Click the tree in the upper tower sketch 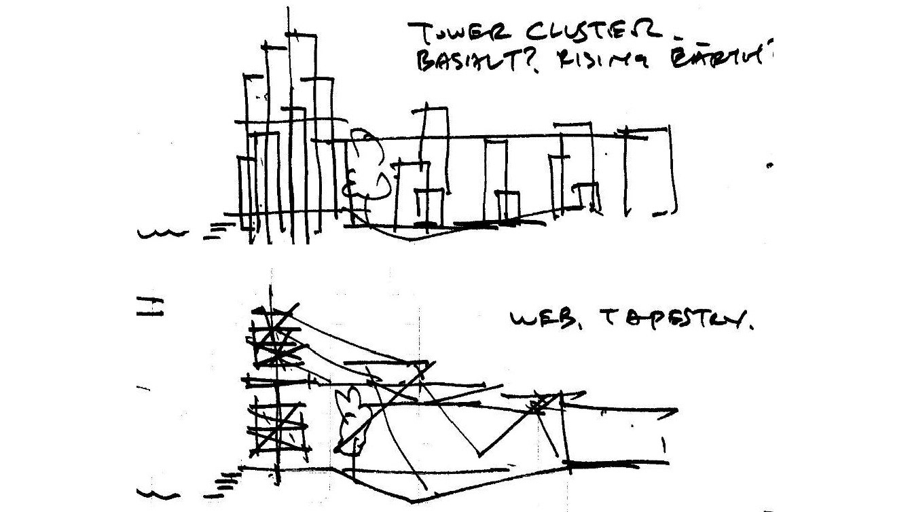(x=365, y=170)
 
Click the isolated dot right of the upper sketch (x=769, y=165)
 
